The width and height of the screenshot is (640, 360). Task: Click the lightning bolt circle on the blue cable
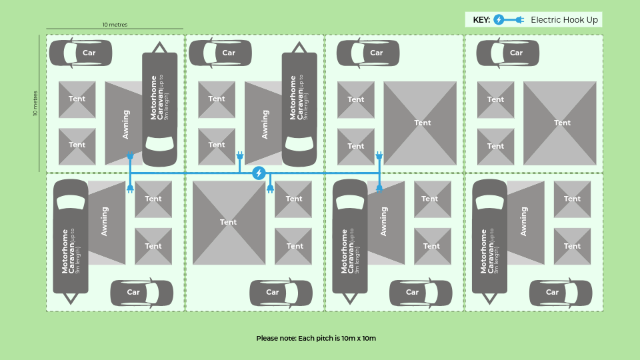pos(259,173)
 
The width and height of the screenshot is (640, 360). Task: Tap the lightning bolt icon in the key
pos(499,19)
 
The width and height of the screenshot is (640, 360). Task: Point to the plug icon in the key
pos(519,19)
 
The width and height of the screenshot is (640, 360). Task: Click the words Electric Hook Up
pos(564,19)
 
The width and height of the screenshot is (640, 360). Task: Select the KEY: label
pos(481,20)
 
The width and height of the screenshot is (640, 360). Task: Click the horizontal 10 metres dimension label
pos(115,25)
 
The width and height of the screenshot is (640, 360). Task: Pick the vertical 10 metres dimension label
pos(35,103)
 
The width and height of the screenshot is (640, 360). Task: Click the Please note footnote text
pos(316,338)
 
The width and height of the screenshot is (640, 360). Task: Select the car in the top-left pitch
pos(81,53)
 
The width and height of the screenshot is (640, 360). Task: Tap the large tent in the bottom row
pos(229,223)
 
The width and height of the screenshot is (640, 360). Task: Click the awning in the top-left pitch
pos(124,123)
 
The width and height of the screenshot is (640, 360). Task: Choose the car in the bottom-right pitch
pos(561,292)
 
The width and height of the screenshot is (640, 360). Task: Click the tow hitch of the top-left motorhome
pos(159,47)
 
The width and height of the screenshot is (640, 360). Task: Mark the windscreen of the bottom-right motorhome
pos(489,202)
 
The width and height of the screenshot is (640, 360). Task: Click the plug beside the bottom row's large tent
pos(270,189)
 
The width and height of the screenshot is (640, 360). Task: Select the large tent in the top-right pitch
pos(560,123)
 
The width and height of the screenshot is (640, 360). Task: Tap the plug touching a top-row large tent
pos(379,155)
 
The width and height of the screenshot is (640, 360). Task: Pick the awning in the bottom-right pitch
pos(526,223)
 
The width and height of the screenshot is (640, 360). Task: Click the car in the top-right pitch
pos(508,53)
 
